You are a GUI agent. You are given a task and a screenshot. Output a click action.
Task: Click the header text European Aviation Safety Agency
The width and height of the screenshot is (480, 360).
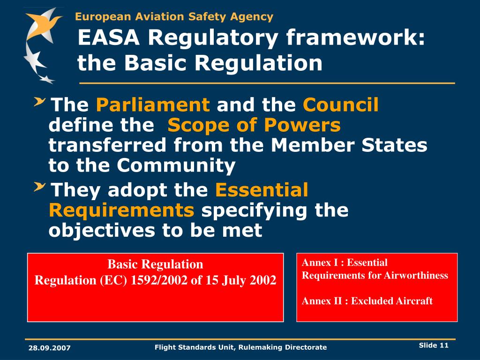[x=174, y=17]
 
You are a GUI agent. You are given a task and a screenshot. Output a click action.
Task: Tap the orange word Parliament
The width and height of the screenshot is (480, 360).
[x=153, y=105]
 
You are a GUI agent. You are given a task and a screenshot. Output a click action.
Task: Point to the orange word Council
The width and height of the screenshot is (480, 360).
[x=340, y=105]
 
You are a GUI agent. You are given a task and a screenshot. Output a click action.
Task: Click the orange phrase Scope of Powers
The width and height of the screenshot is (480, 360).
[x=254, y=126]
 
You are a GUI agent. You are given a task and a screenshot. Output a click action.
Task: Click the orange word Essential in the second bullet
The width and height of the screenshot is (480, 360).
[x=262, y=190]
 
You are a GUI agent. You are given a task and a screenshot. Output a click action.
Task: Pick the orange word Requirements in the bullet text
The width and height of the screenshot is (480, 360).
[x=121, y=210]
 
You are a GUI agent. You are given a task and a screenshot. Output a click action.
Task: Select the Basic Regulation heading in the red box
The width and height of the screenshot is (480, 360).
[x=155, y=264]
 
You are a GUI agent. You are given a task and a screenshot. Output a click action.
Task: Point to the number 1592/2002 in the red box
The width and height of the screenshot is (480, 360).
[x=160, y=280]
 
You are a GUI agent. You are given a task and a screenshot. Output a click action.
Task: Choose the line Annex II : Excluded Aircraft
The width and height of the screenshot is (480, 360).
[x=367, y=301]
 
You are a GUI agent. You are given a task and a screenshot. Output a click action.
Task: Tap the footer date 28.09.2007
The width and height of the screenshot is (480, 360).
[x=49, y=347]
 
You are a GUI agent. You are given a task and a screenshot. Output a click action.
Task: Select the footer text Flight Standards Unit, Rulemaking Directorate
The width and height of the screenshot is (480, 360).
[x=240, y=347]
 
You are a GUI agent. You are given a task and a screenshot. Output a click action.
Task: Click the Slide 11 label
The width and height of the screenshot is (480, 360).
[x=434, y=345]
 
